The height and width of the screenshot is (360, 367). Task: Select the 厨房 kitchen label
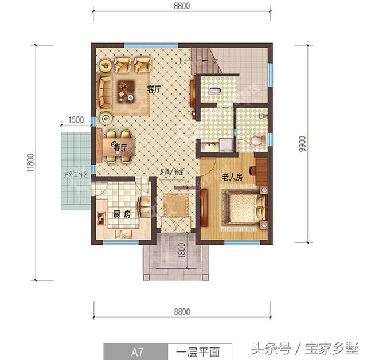click(x=122, y=214)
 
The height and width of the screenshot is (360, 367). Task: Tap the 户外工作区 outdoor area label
click(x=76, y=174)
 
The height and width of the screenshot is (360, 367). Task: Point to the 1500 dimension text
click(x=75, y=120)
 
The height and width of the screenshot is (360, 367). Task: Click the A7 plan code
click(x=135, y=349)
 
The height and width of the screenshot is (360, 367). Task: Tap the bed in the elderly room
click(x=245, y=208)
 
